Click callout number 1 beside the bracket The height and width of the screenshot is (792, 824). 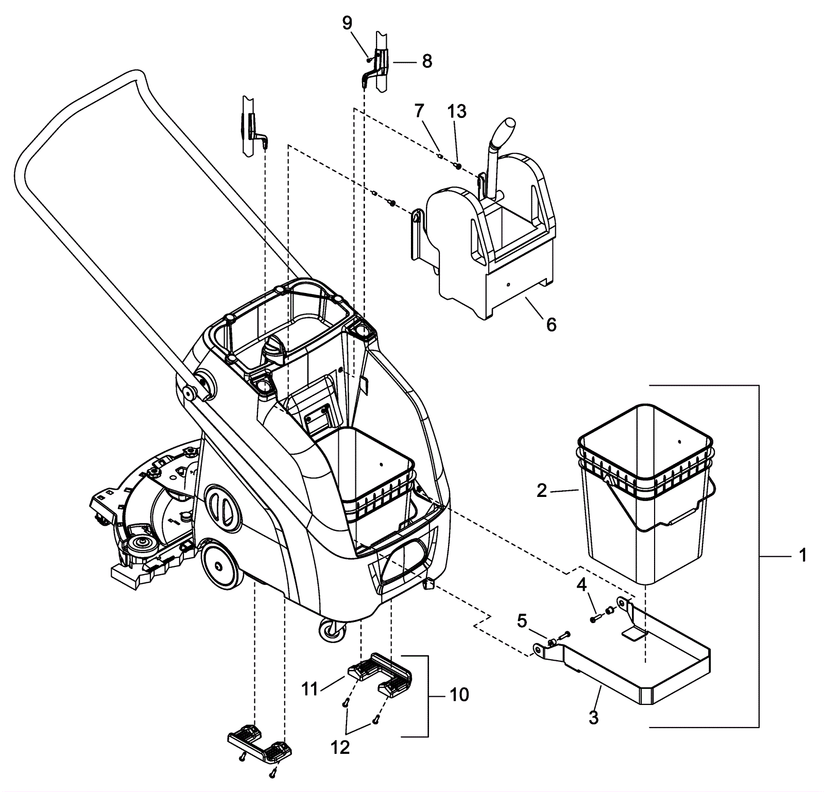tap(802, 556)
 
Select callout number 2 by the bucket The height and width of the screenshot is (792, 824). tap(541, 491)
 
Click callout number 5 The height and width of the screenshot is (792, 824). tap(522, 622)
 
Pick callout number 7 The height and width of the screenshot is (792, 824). tap(419, 110)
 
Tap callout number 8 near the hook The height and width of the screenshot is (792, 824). tap(427, 61)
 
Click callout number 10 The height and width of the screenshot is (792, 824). tap(459, 695)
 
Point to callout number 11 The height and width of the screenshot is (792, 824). tap(310, 688)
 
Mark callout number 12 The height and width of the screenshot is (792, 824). tap(340, 747)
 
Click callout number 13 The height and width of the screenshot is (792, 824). tap(457, 111)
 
